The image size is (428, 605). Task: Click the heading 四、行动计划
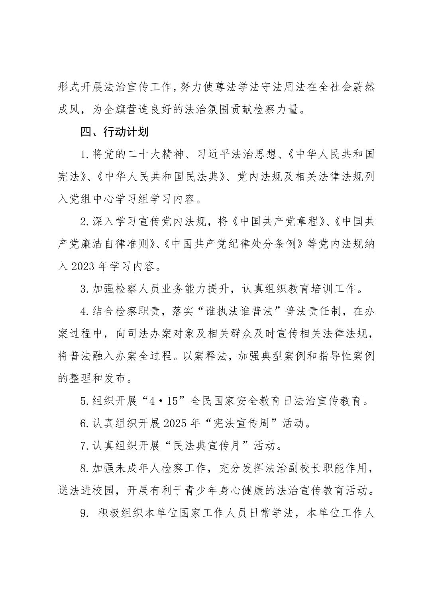point(114,132)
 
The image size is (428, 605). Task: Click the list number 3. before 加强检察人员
point(84,289)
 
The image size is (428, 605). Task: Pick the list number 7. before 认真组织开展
point(84,446)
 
